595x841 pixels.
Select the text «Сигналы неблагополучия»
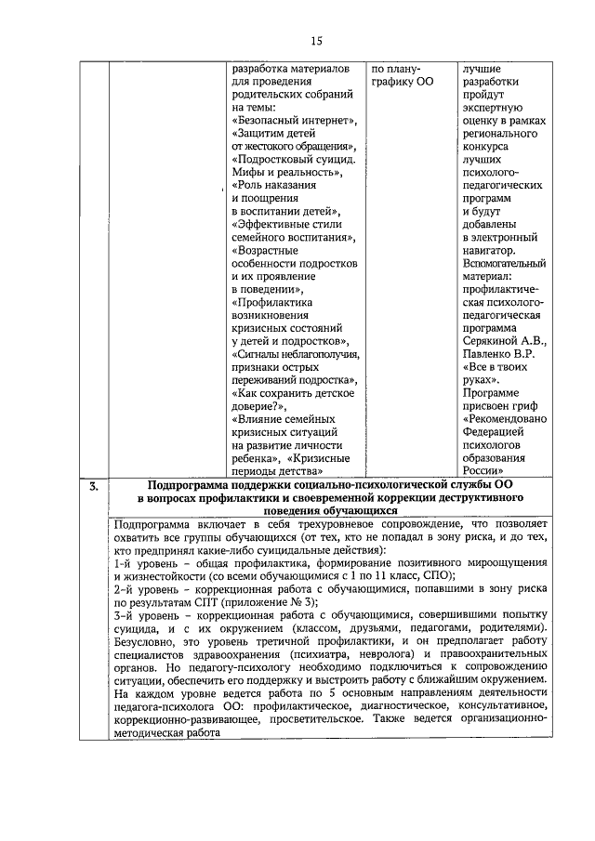296,354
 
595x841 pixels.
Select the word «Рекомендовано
504,419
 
